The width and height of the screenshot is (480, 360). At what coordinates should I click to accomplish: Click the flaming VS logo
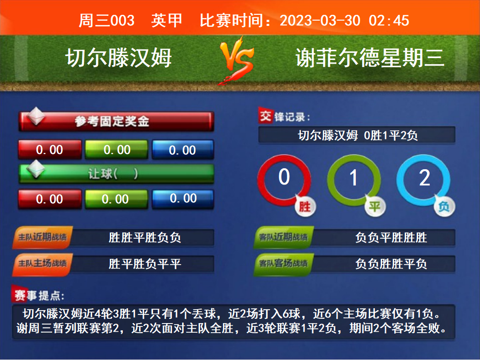pos(236,60)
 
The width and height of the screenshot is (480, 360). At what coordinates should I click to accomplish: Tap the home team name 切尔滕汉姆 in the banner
pos(119,58)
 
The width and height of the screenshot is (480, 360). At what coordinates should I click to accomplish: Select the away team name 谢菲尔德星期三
pos(370,58)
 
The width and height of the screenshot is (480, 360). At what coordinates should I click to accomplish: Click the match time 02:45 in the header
pos(389,21)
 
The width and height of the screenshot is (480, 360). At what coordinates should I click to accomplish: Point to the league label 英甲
pos(166,21)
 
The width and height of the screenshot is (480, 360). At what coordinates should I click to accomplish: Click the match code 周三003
pos(106,21)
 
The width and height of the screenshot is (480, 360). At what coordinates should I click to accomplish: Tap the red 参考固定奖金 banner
pos(117,121)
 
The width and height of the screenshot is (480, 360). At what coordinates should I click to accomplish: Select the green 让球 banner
pos(117,174)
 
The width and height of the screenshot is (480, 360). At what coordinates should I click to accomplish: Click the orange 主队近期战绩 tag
pos(42,237)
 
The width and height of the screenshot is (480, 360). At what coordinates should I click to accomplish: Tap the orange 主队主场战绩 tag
pos(42,264)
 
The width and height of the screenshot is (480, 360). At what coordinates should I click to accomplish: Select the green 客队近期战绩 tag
pos(283,237)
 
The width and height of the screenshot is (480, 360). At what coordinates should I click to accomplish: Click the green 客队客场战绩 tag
pos(283,264)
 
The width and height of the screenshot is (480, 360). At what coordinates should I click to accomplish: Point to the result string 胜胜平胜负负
pos(145,238)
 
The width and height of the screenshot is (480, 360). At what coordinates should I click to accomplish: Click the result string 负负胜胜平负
pos(391,264)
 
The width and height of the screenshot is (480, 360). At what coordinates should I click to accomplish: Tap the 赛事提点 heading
pos(38,295)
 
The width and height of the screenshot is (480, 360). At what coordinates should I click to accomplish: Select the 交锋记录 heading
pos(284,116)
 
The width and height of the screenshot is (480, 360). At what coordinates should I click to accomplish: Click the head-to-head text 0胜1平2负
pos(391,135)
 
